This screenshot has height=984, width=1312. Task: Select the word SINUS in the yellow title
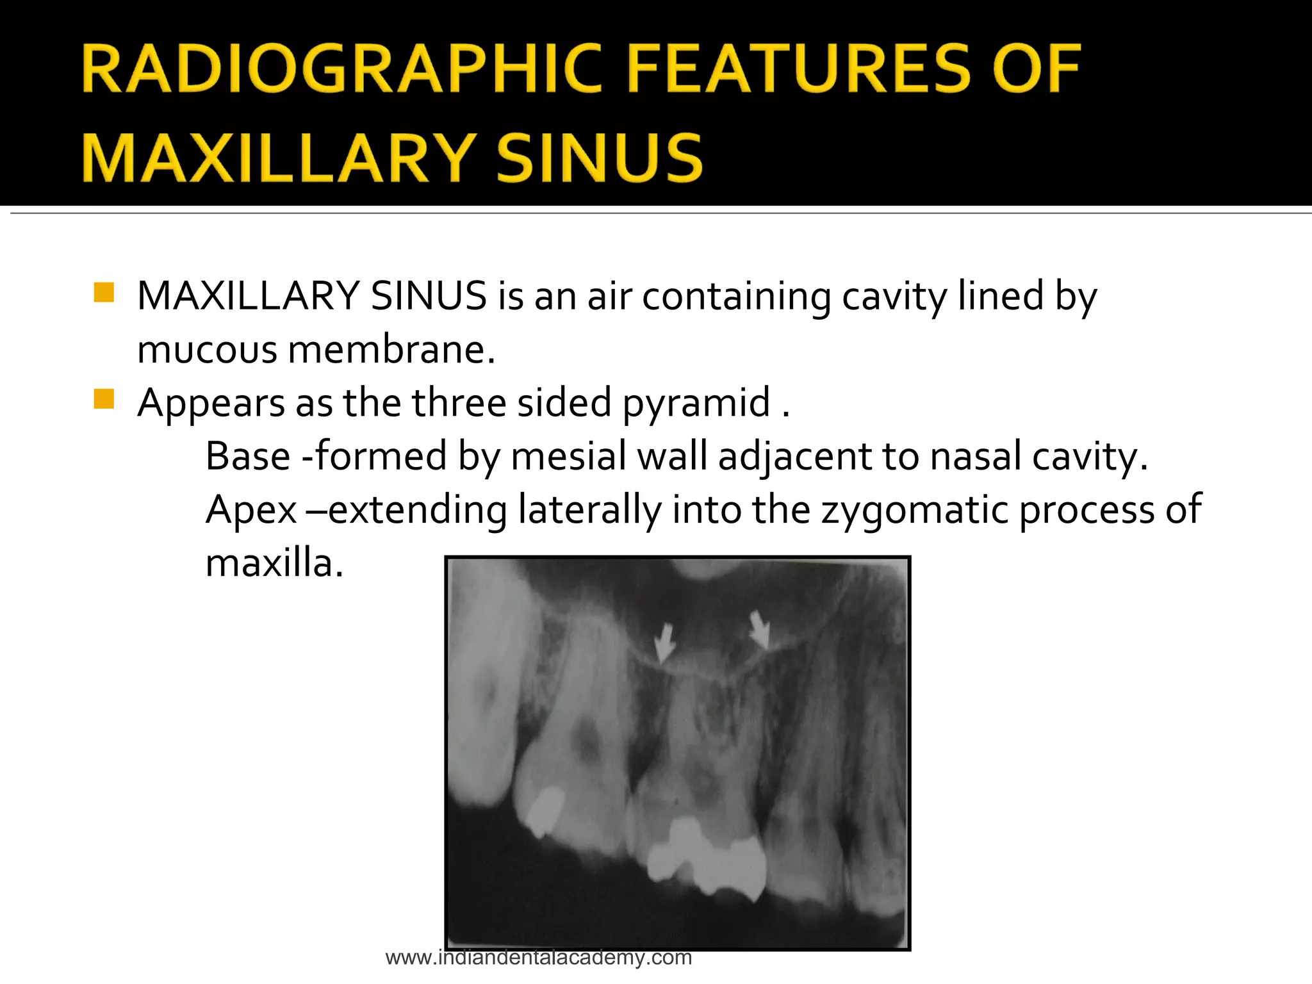(x=600, y=158)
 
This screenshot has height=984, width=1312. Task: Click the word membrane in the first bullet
(x=391, y=350)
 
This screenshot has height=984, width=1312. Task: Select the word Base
(x=248, y=456)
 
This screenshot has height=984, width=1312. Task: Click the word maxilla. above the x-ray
(x=274, y=564)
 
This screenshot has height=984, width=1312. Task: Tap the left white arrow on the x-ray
(x=664, y=643)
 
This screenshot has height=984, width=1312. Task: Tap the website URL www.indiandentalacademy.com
(x=538, y=958)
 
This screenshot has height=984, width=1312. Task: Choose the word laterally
(x=589, y=510)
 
